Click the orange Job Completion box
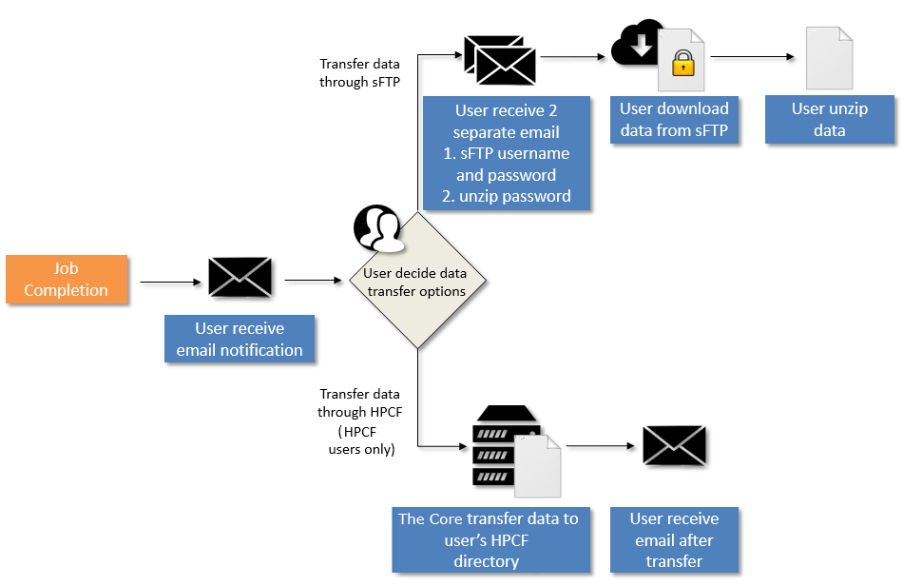pos(67,279)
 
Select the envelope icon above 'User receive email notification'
pos(240,277)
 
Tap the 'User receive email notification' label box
pos(240,340)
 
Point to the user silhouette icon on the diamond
pos(377,228)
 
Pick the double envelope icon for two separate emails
pos(500,60)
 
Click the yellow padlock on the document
pos(682,65)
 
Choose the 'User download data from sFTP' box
pos(674,120)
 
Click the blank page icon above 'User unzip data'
pos(829,59)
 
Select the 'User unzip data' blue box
pos(829,119)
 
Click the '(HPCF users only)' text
pos(361,441)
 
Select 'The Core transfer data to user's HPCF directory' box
pos(487,539)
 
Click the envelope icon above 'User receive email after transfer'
pos(674,445)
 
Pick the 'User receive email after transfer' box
pos(674,539)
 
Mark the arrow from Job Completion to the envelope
pos(167,282)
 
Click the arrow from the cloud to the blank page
pos(751,58)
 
